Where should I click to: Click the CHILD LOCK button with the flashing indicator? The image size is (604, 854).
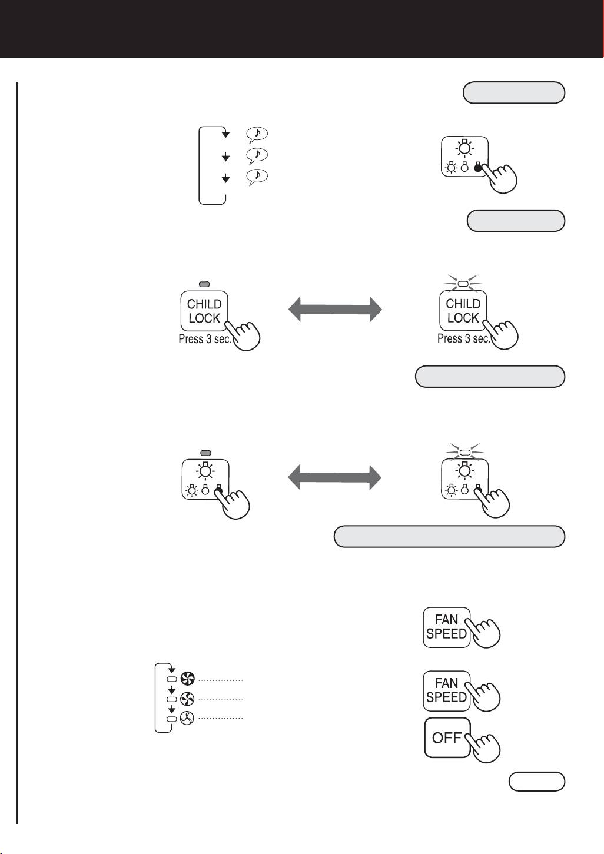pos(463,310)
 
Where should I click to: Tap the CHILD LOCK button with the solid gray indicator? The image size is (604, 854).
pos(204,311)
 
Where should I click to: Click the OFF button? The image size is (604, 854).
pos(447,737)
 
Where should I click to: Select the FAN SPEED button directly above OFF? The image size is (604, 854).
pos(446,691)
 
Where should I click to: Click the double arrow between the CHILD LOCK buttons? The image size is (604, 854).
pos(335,309)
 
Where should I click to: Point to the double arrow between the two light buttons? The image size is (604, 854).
pos(334,477)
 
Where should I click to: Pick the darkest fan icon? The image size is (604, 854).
pos(187,679)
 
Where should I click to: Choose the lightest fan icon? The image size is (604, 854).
pos(187,718)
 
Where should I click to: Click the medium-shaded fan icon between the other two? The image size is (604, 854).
pos(187,699)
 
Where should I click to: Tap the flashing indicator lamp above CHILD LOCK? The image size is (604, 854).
pos(463,284)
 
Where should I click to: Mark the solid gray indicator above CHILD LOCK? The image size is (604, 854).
pos(204,284)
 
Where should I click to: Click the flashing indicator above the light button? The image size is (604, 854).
pos(464,452)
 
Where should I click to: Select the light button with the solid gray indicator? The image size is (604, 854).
pos(205,480)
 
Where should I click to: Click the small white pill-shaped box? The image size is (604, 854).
pos(536,782)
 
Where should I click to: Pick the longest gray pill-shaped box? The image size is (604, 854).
pos(449,536)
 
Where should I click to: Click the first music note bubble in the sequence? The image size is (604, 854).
pos(257,135)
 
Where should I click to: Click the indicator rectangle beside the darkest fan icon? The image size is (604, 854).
pos(172,679)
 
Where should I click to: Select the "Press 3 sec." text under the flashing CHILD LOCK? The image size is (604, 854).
pos(463,338)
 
